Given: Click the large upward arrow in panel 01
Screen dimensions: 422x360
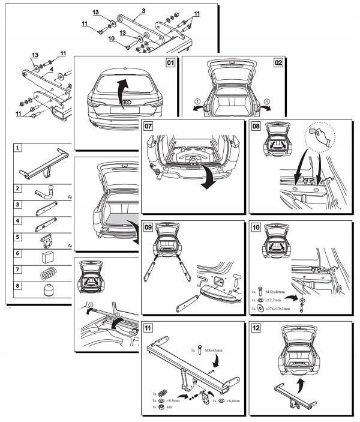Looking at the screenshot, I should [122, 90].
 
